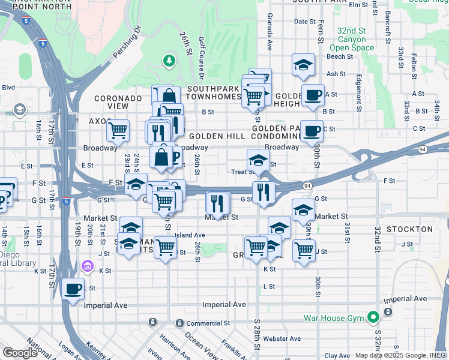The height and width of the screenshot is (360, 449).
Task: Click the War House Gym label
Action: point(335,317)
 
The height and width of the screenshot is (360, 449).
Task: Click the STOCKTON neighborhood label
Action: point(410,229)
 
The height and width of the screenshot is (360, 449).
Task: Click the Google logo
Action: point(20,353)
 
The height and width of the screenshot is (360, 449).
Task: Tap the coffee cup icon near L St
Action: point(73,289)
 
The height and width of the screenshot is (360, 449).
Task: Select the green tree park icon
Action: point(169,61)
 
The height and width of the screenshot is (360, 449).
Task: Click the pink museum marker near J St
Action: point(88,265)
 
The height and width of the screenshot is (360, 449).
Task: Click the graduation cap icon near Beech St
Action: point(304,65)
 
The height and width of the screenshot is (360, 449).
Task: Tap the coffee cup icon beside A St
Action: point(312,95)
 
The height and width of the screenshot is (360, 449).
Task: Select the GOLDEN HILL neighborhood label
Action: point(218,136)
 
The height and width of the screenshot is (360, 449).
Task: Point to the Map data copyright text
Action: point(400,355)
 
